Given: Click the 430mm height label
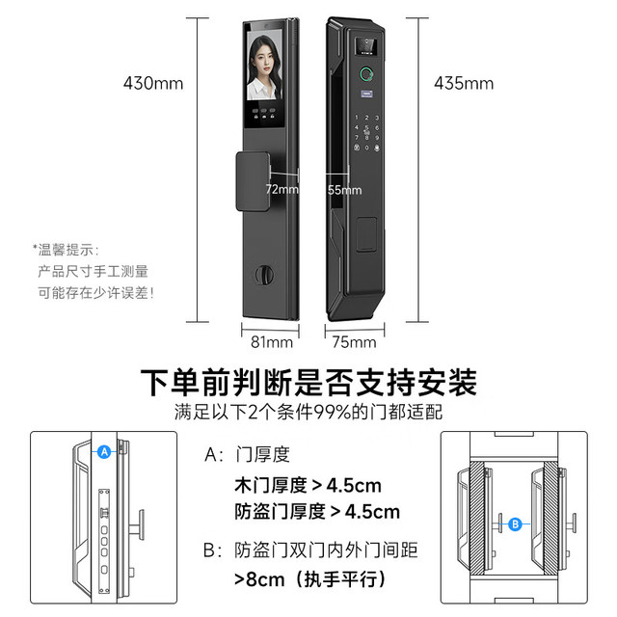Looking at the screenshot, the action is pyautogui.click(x=153, y=84).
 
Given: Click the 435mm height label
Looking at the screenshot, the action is pyautogui.click(x=464, y=84).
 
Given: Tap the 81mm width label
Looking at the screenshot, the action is pyautogui.click(x=272, y=342).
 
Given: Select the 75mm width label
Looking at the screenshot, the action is pyautogui.click(x=354, y=342).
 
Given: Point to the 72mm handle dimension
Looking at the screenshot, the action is pyautogui.click(x=282, y=189).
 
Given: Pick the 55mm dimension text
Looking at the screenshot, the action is pyautogui.click(x=345, y=190).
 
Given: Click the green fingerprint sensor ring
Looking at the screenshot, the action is pyautogui.click(x=367, y=74).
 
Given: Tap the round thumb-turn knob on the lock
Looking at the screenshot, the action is pyautogui.click(x=264, y=275).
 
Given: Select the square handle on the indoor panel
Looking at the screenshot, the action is pyautogui.click(x=253, y=181).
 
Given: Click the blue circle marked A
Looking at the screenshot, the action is pyautogui.click(x=104, y=452).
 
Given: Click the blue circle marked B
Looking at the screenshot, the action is pyautogui.click(x=515, y=524).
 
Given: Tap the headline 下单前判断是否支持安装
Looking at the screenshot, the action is pyautogui.click(x=308, y=382).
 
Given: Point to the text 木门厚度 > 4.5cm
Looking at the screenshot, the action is pyautogui.click(x=308, y=485).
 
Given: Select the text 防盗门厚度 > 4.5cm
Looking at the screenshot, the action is pyautogui.click(x=317, y=512).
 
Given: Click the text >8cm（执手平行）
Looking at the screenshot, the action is pyautogui.click(x=309, y=579).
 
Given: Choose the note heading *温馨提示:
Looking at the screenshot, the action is pyautogui.click(x=66, y=250).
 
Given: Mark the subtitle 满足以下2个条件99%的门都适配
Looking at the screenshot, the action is pyautogui.click(x=308, y=412).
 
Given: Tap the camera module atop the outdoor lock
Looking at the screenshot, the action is pyautogui.click(x=366, y=46).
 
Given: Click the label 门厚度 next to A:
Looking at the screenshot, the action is pyautogui.click(x=263, y=454).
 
